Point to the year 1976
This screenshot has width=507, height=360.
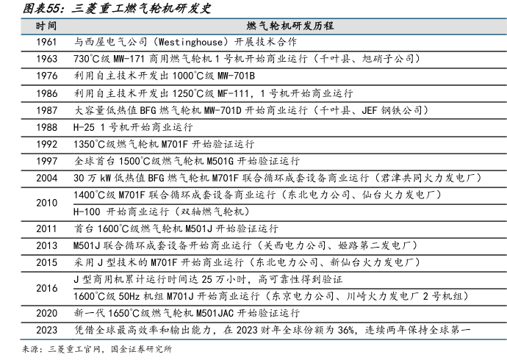point(46,76)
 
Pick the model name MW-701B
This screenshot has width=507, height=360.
point(234,76)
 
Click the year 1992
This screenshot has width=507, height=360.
point(46,143)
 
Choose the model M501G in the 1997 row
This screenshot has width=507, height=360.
point(212,160)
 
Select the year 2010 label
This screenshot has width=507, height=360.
point(46,203)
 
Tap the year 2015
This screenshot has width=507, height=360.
point(46,262)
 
